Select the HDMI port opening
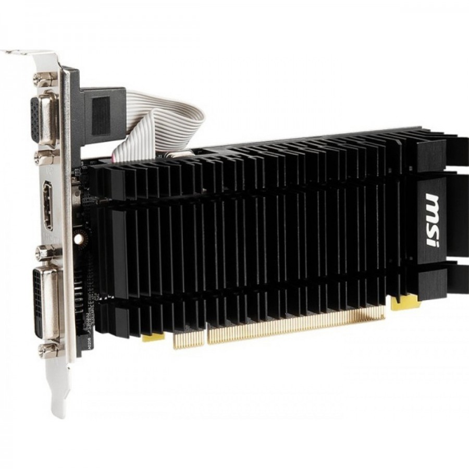tap(47, 205)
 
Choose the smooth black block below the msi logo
tap(431, 282)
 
